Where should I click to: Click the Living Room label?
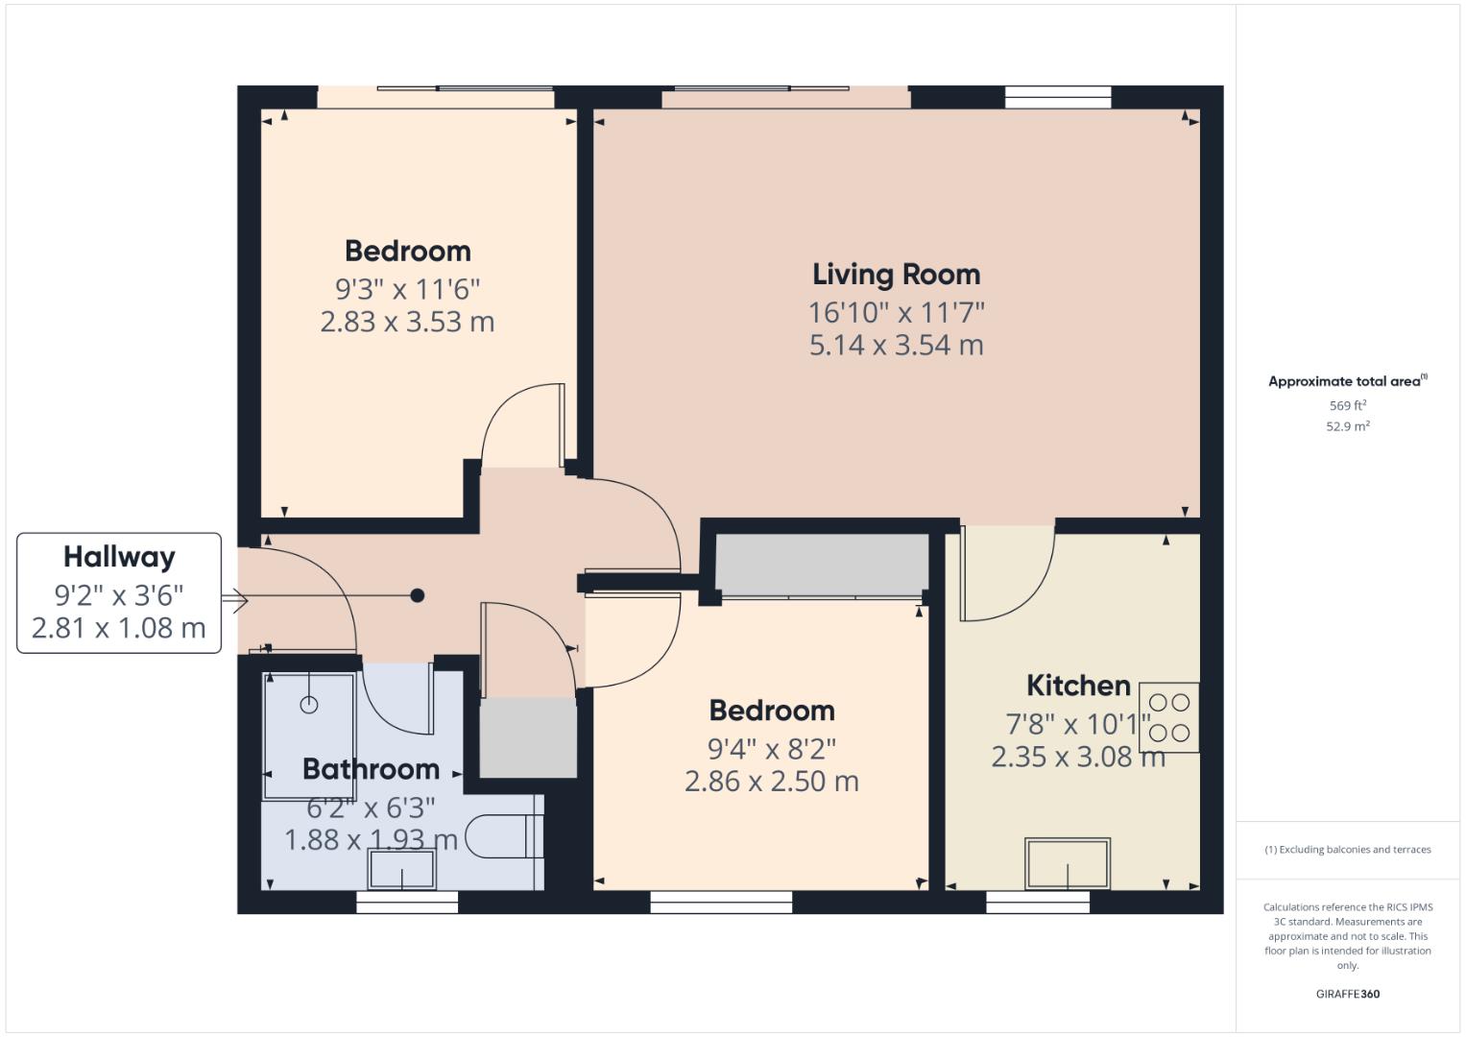pyautogui.click(x=896, y=275)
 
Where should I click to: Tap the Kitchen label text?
pyautogui.click(x=1078, y=686)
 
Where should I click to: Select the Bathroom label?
pyautogui.click(x=371, y=769)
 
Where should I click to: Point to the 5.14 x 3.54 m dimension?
pyautogui.click(x=896, y=346)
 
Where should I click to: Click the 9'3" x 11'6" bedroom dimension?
pyautogui.click(x=407, y=288)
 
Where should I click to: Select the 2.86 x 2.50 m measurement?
pyautogui.click(x=771, y=782)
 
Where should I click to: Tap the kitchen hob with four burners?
pyautogui.click(x=1168, y=717)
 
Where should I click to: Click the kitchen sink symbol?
pyautogui.click(x=1068, y=863)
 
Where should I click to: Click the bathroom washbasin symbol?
pyautogui.click(x=401, y=871)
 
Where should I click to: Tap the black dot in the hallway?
pyautogui.click(x=418, y=595)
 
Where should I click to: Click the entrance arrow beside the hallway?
pyautogui.click(x=234, y=602)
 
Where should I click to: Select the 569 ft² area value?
pyautogui.click(x=1347, y=406)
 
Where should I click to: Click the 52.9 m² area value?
pyautogui.click(x=1347, y=427)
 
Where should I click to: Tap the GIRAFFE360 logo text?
pyautogui.click(x=1347, y=994)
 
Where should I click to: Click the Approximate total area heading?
pyautogui.click(x=1346, y=381)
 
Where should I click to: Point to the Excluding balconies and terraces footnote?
pyautogui.click(x=1347, y=850)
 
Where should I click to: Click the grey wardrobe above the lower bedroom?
pyautogui.click(x=822, y=563)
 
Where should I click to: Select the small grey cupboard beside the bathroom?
pyautogui.click(x=527, y=737)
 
